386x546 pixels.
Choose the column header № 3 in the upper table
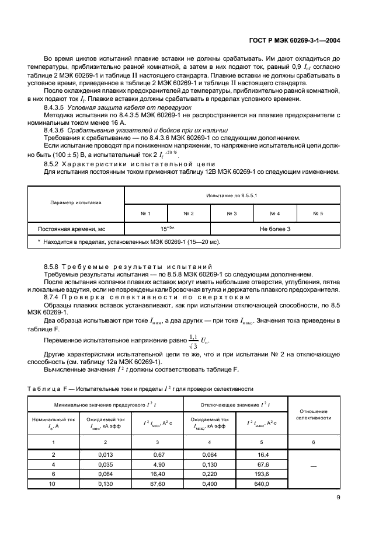231,214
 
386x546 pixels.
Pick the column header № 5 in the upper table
318,214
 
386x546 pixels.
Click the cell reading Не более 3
274,229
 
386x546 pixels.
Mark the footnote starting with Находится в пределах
128,242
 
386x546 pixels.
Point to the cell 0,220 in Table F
208,475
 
